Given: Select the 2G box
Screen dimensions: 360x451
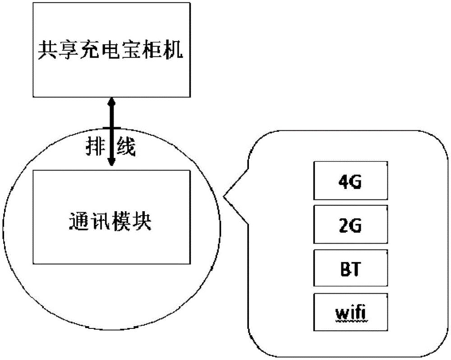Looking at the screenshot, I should pyautogui.click(x=350, y=225).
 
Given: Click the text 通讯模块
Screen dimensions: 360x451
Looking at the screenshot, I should pyautogui.click(x=111, y=222).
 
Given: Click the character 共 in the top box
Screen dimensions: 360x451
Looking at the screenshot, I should pyautogui.click(x=46, y=50).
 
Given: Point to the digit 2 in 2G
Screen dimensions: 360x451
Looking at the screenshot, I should pyautogui.click(x=343, y=225).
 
